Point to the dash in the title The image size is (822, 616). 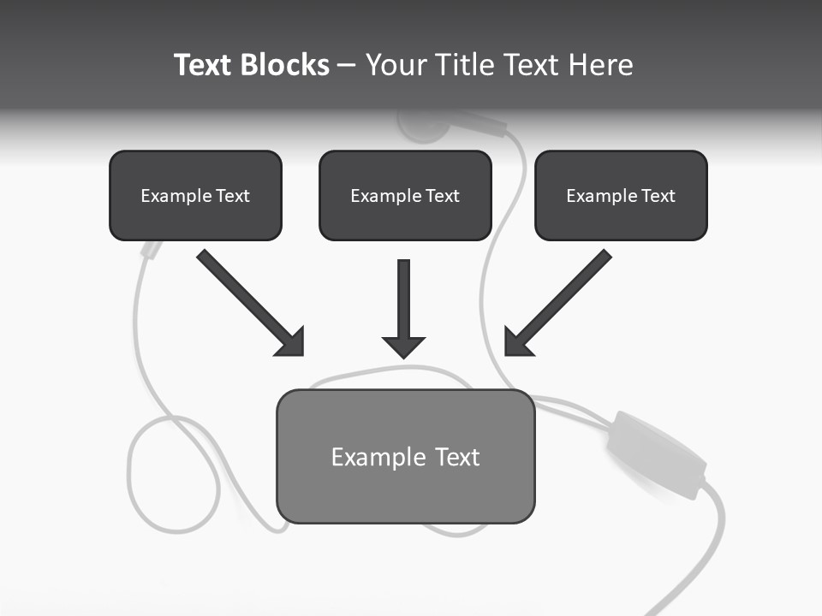coord(347,66)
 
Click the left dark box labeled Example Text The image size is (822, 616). coord(195,195)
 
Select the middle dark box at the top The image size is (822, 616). coord(405,195)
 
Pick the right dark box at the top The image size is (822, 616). coord(621,195)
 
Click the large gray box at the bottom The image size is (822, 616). coord(405,456)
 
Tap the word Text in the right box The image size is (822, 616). coord(658,196)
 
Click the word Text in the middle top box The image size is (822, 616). coord(442,196)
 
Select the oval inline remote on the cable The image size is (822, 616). coord(654,453)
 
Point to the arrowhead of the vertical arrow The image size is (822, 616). coord(404,346)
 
